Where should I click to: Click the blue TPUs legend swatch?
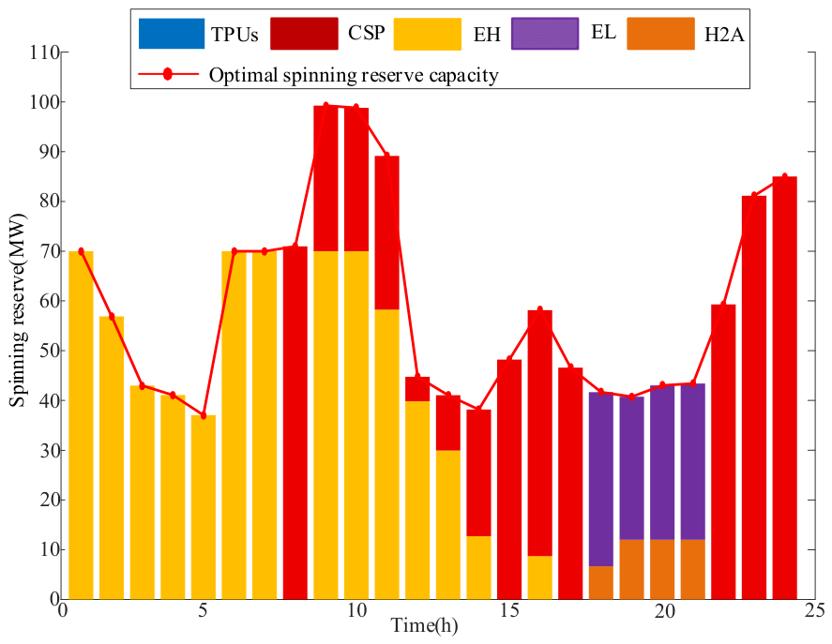[x=172, y=34]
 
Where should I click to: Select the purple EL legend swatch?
[x=545, y=34]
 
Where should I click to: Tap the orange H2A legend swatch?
[x=660, y=34]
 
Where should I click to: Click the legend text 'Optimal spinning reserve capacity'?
[x=354, y=75]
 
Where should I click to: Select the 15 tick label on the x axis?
[x=508, y=611]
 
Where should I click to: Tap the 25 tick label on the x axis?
[x=814, y=611]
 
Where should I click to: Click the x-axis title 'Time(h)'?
[x=425, y=626]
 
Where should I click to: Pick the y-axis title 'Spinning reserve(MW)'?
[x=18, y=310]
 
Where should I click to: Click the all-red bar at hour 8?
[x=295, y=423]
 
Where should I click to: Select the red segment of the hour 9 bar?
[x=325, y=178]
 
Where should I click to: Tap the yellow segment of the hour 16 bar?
[x=540, y=577]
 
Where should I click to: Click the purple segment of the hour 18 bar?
[x=601, y=480]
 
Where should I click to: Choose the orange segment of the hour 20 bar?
[x=662, y=569]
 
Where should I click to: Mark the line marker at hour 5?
[x=204, y=415]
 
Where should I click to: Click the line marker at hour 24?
[x=785, y=176]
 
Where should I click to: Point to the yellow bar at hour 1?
[x=82, y=426]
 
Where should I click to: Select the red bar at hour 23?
[x=754, y=397]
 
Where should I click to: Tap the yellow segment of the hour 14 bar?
[x=478, y=568]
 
